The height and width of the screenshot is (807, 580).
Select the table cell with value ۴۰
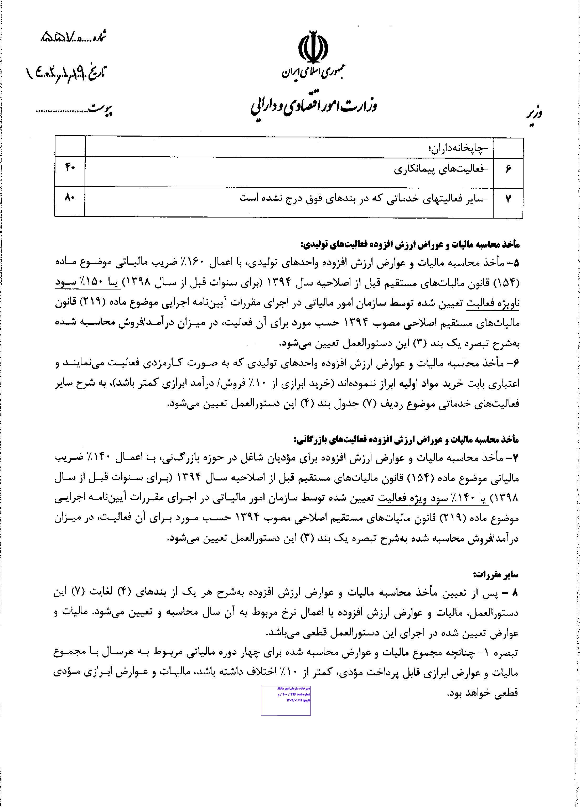click(69, 168)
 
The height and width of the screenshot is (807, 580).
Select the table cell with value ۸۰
click(69, 198)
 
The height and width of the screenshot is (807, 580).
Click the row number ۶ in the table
click(508, 170)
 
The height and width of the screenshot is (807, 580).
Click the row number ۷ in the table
click(508, 199)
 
